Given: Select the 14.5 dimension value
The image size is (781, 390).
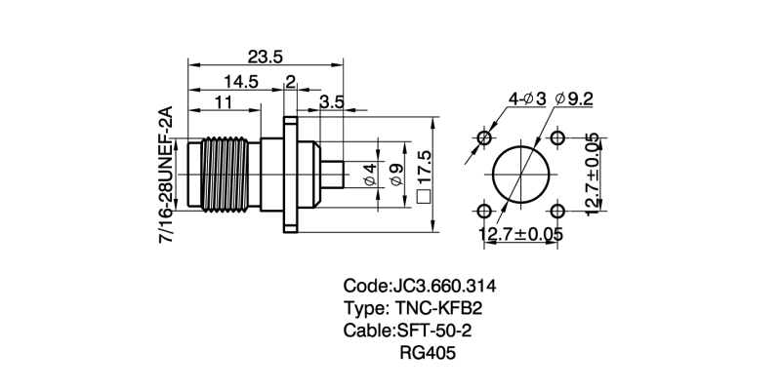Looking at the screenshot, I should (238, 82).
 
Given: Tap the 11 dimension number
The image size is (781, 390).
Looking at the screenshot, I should (224, 102).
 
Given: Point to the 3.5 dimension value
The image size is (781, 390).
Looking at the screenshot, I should (331, 101).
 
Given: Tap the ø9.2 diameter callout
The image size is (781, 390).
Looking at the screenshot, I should (573, 99).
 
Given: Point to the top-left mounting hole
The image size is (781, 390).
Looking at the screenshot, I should (484, 138).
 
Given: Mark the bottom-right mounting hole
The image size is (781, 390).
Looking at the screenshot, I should (557, 212).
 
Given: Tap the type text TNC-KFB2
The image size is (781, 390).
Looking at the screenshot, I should (439, 309).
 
